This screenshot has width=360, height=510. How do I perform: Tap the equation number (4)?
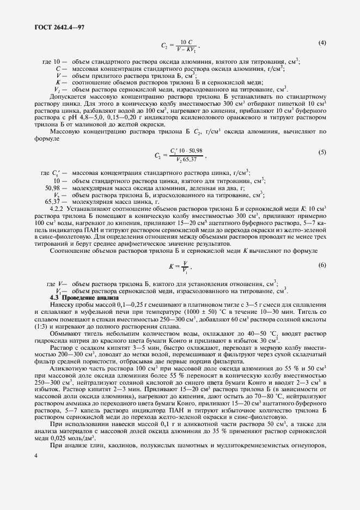(322, 42)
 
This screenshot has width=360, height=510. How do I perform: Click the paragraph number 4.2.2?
(59, 208)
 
